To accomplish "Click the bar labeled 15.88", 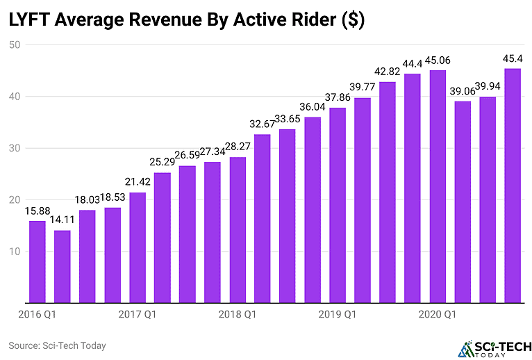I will click(x=37, y=262).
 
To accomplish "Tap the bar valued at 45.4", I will click(x=513, y=186).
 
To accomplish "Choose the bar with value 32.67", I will click(x=263, y=218).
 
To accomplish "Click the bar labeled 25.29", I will click(x=162, y=238).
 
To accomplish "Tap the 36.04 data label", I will click(x=313, y=107).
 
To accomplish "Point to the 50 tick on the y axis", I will click(x=15, y=45).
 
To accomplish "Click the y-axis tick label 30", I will click(x=15, y=148).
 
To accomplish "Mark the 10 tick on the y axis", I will click(x=15, y=251).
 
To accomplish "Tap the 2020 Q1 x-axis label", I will click(x=438, y=315).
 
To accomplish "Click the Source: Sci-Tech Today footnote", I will click(x=57, y=345).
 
